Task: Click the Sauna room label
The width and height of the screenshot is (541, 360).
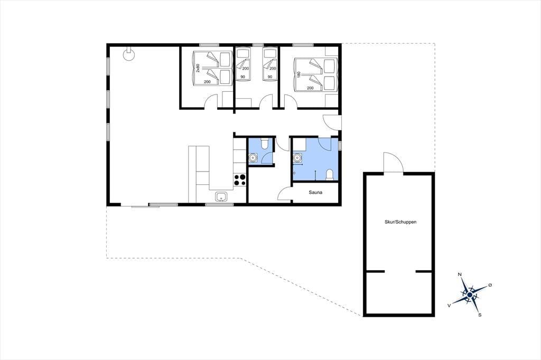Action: pos(315,193)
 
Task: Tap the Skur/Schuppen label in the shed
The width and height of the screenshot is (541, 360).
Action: pos(400,222)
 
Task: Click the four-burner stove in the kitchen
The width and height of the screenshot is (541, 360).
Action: pos(240,180)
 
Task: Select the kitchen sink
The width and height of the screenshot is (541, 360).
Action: pos(221,196)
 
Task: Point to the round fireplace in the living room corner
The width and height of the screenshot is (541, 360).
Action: pos(129,54)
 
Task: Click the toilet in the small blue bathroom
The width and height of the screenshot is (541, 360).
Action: pos(265,143)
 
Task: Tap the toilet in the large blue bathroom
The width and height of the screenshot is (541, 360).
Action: pos(330,175)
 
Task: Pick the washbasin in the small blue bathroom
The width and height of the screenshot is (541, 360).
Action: pos(253,158)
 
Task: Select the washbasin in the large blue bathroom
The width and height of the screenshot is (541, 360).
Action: pos(297,158)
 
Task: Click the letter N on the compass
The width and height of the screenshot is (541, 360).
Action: pos(460,274)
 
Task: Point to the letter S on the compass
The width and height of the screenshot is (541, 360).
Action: pos(480,315)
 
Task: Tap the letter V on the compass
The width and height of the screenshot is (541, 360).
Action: pos(449,305)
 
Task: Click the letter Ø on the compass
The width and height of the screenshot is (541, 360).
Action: pos(490,285)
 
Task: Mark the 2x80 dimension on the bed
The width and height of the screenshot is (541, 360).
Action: pos(198,68)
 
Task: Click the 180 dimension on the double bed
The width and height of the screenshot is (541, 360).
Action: pos(299,74)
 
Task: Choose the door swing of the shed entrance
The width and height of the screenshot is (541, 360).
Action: pos(393,162)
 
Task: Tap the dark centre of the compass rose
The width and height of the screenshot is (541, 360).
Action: pos(470,295)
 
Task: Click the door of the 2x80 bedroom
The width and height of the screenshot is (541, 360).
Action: pos(211,102)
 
